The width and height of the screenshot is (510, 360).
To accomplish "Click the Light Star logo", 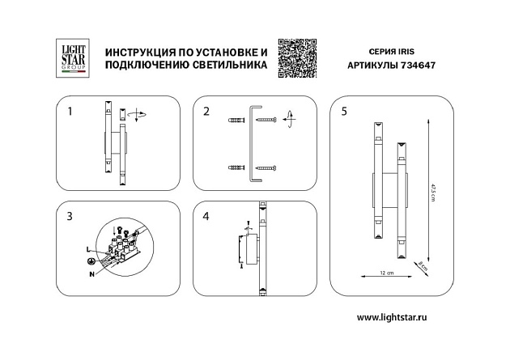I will click(x=69, y=58).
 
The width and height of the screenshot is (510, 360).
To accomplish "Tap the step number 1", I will click(x=70, y=112).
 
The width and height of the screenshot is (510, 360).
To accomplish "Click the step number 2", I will click(x=206, y=112).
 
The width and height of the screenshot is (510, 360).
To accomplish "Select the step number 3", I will click(x=70, y=216).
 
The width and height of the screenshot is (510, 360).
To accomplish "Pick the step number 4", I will click(x=206, y=216).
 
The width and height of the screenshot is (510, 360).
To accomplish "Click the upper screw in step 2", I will click(x=266, y=121).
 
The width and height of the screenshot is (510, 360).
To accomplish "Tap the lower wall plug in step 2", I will click(x=236, y=167).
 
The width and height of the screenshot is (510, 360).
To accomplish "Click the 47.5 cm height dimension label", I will click(x=434, y=196).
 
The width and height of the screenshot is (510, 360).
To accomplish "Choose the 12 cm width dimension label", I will click(x=385, y=273).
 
